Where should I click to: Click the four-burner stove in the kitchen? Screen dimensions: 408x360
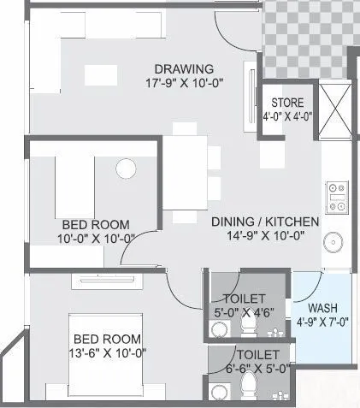click(336, 198)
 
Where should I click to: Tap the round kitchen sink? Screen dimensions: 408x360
click(333, 242)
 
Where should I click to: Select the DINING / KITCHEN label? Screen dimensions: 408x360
click(265, 222)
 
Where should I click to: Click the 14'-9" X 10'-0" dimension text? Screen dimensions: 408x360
click(266, 236)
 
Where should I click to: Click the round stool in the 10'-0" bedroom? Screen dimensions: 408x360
click(126, 167)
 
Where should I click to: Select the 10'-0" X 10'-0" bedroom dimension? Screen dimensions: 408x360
click(96, 239)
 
